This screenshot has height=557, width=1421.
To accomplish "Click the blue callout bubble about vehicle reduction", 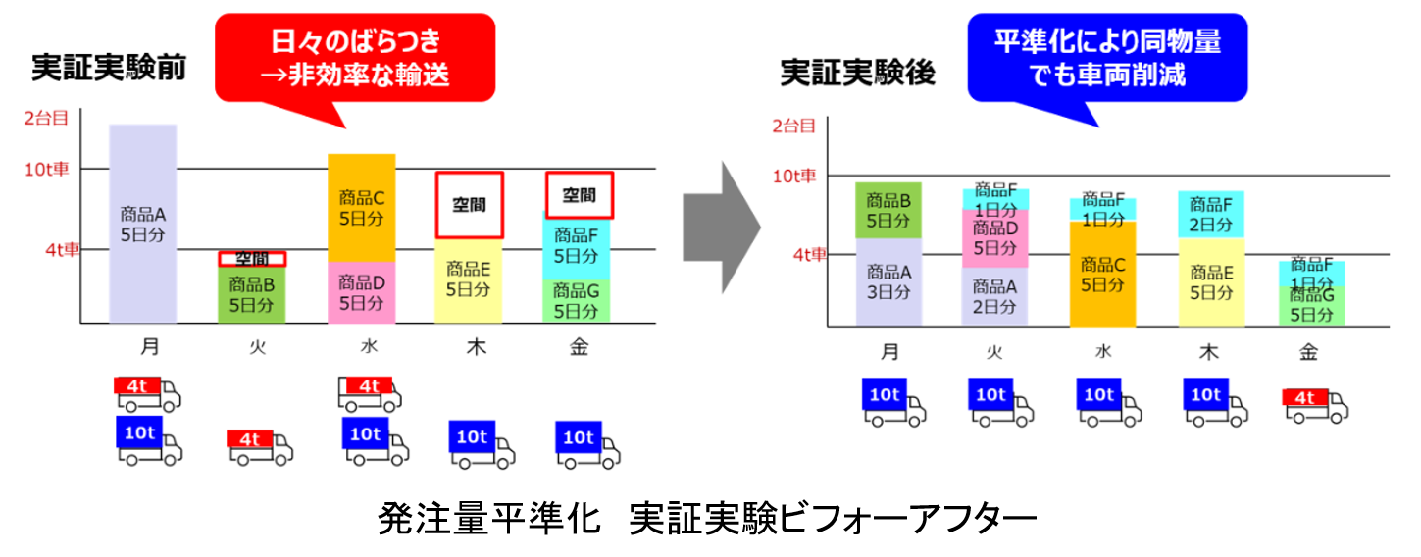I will tap(1107, 58).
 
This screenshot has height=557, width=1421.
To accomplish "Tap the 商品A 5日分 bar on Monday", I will tap(143, 224).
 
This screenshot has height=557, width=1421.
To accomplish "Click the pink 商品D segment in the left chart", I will tap(361, 292).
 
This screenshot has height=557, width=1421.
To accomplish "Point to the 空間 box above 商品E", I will tap(469, 205).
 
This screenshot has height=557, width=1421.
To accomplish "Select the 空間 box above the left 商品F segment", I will tap(579, 195).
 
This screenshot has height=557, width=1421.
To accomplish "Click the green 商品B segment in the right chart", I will tap(888, 210).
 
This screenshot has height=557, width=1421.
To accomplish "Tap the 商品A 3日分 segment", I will tap(888, 282).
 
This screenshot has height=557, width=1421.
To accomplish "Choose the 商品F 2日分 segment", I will tap(1210, 215).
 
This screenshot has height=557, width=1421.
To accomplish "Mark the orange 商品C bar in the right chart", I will tap(1102, 274).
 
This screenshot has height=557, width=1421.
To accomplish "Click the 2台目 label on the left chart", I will tap(46, 120).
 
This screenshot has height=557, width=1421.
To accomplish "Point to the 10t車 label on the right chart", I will tap(793, 177).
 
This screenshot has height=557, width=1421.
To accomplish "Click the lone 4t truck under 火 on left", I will tap(260, 445).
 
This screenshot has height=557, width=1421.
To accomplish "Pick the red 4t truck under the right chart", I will tap(1315, 404).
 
